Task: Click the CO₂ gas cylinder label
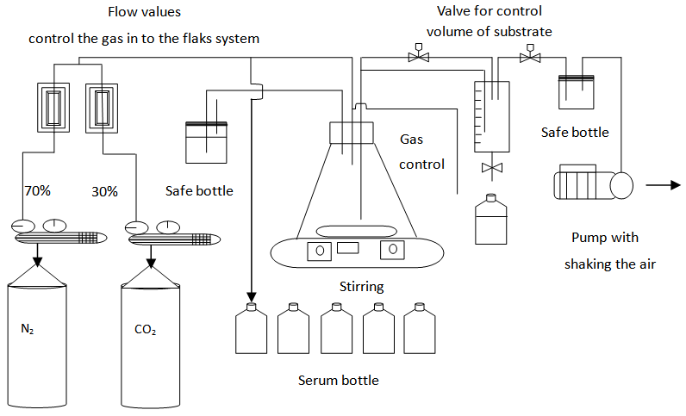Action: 145,328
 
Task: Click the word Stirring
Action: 361,286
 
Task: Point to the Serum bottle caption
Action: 338,380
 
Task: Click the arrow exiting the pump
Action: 661,184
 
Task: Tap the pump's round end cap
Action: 621,184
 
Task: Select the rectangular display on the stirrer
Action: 347,249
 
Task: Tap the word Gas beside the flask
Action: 412,139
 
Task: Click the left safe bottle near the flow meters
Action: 206,141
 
